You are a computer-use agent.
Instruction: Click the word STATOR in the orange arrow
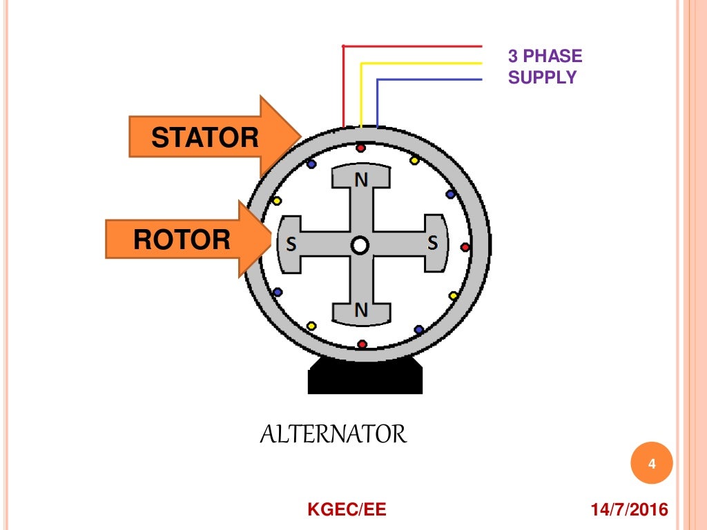tap(205, 138)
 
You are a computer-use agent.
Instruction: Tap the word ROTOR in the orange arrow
tap(182, 239)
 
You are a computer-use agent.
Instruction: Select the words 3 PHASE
tap(545, 56)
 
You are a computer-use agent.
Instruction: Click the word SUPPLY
tap(542, 77)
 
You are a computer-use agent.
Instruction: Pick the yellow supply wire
tap(421, 63)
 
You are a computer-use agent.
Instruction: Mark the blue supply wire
tap(428, 80)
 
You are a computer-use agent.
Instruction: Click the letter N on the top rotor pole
tap(361, 180)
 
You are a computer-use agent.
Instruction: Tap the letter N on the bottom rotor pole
tap(361, 311)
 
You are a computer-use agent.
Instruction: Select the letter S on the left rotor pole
tap(291, 244)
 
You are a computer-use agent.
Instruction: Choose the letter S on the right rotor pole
tap(432, 243)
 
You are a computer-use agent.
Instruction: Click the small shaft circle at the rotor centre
tap(359, 245)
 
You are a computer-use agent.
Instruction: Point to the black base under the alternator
tap(365, 376)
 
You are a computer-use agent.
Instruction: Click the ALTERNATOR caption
tap(333, 435)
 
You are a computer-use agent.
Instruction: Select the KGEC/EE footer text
tap(347, 510)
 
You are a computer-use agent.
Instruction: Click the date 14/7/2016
tap(629, 510)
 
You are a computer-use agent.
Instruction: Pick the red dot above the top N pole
tap(360, 148)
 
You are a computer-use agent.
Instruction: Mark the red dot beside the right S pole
tap(465, 246)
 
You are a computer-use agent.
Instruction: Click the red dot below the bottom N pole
tap(362, 344)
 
